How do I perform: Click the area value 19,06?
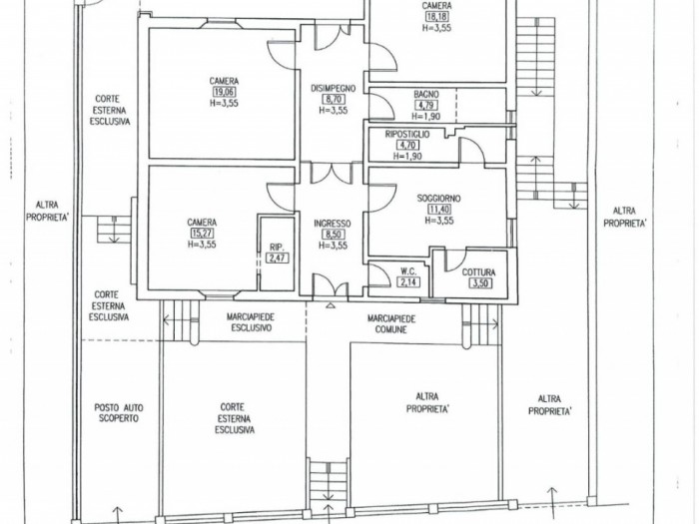tap(225, 92)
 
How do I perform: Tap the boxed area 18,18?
tap(437, 17)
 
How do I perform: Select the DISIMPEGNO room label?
tap(333, 88)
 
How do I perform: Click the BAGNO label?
tap(426, 95)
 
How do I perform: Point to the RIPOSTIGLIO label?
tap(407, 134)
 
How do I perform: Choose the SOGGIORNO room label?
tap(438, 199)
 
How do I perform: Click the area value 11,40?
tap(439, 210)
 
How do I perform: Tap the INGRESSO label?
tap(333, 224)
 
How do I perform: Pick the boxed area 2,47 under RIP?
tap(277, 258)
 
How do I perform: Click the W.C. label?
tap(408, 271)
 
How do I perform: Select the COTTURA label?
tap(478, 272)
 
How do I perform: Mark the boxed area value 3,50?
tap(479, 282)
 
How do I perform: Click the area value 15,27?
tap(202, 233)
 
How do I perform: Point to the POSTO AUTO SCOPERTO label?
tap(119, 412)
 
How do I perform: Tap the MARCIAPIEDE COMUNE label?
tap(391, 324)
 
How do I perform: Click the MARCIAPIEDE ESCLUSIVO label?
tap(250, 322)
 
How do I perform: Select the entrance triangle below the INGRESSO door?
tap(331, 305)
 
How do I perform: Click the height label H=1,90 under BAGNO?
tap(425, 117)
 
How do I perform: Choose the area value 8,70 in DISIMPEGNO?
tap(334, 100)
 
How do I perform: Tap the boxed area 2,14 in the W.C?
tap(407, 281)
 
